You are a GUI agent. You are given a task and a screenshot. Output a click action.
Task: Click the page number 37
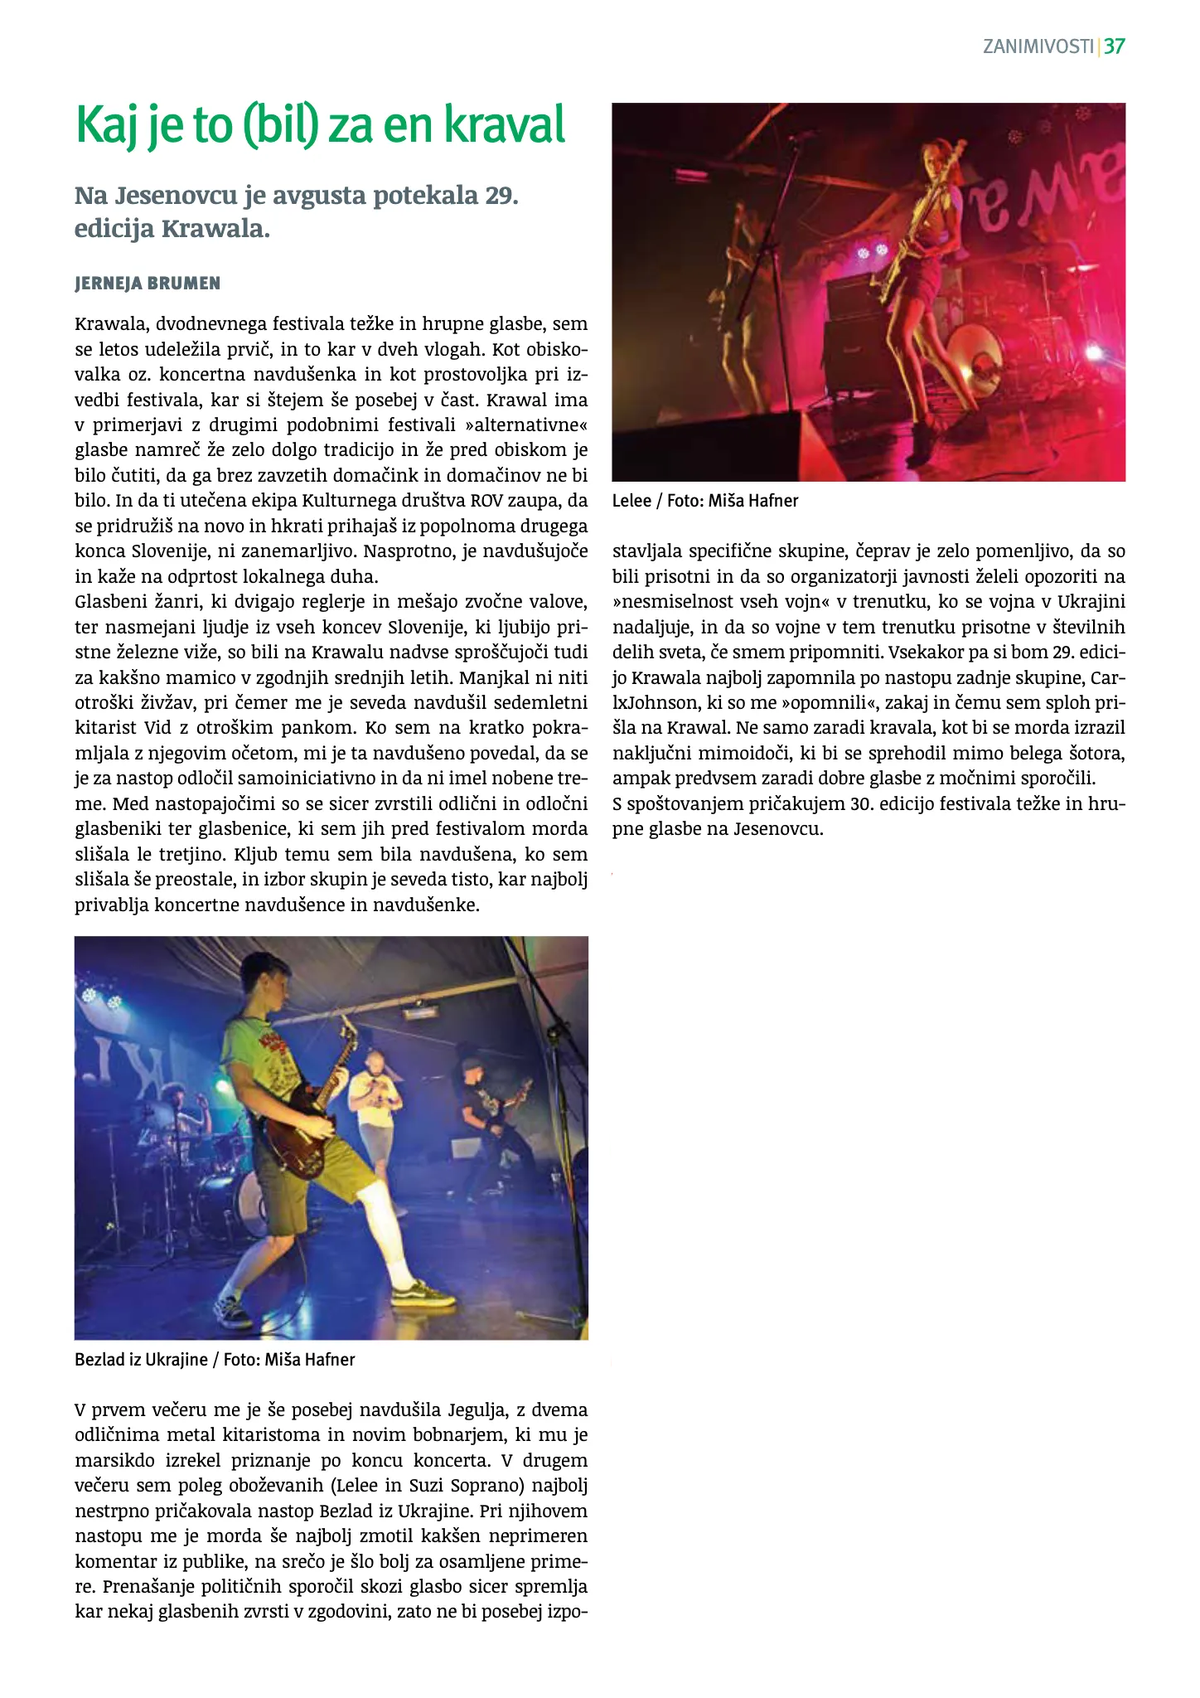click(x=1114, y=46)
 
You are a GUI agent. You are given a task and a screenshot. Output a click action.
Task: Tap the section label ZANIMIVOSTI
click(x=1038, y=46)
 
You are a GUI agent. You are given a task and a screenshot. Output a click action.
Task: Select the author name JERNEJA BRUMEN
click(x=148, y=284)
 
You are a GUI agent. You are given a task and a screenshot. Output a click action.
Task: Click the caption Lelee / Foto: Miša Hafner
click(x=705, y=501)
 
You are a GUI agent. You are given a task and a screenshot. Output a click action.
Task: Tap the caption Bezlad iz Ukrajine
click(x=141, y=1360)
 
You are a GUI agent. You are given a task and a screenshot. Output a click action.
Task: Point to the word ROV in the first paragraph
click(x=486, y=501)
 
